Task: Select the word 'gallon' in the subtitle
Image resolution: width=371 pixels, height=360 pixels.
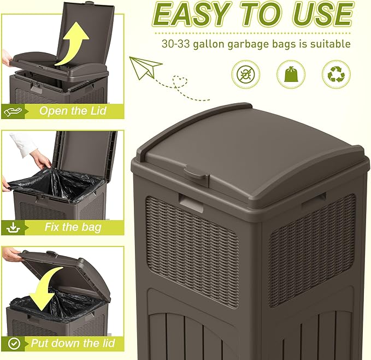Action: (215, 44)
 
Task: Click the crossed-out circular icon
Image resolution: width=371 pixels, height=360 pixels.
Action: (246, 74)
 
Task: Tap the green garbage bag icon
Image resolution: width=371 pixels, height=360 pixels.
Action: (291, 74)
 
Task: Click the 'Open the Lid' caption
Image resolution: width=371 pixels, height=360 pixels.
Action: (73, 111)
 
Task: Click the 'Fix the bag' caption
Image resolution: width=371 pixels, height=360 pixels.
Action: (73, 227)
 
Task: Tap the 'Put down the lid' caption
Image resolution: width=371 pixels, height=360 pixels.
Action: (73, 343)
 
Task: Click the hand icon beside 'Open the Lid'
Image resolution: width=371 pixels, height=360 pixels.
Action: (13, 111)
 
